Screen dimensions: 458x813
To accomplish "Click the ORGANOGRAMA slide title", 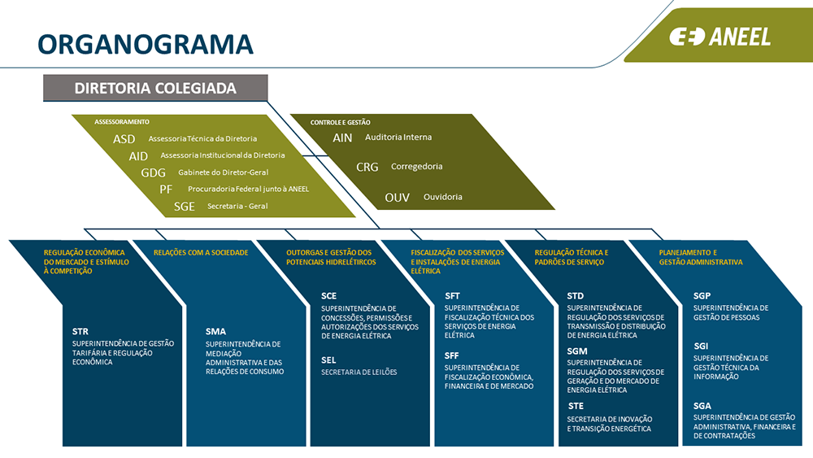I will [x=146, y=43].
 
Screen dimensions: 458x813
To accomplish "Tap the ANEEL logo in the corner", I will [x=720, y=37].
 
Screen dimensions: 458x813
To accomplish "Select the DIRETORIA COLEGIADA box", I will [x=155, y=88].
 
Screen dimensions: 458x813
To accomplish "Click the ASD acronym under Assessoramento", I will [x=124, y=139].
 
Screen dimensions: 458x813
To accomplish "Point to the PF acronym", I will [x=166, y=189].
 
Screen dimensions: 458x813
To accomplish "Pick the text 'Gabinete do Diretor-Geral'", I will [x=223, y=172].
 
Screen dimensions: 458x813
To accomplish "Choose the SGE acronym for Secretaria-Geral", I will [x=185, y=206].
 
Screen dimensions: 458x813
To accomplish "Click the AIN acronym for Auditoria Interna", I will [x=342, y=137].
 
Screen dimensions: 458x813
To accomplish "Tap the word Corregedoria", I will [x=416, y=166].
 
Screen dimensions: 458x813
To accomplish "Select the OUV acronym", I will [x=398, y=197].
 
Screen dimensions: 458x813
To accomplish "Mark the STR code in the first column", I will [x=80, y=332].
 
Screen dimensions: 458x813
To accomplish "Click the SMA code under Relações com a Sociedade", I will [x=215, y=332].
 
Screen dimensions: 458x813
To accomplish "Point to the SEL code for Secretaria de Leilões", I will [x=328, y=360].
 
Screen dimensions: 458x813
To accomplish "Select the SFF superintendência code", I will [x=452, y=355].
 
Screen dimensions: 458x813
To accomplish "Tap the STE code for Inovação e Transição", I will [x=576, y=406].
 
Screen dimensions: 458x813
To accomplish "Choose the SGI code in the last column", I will [x=701, y=346].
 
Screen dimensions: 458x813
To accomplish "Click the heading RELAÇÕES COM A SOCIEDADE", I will [x=201, y=253].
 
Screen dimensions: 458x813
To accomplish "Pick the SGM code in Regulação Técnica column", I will [x=577, y=351].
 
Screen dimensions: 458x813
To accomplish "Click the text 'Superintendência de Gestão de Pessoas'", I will [x=730, y=312].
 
